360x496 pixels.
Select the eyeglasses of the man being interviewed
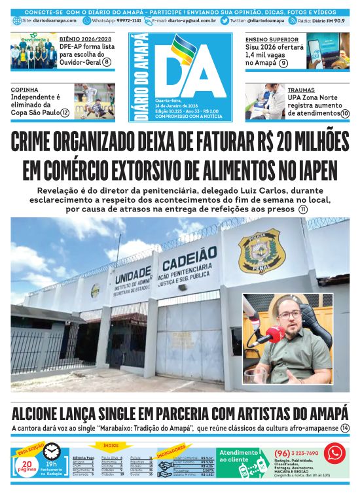[290, 315]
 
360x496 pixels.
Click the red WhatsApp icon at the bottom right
[334, 453]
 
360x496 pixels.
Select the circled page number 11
[303, 209]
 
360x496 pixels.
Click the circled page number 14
[345, 428]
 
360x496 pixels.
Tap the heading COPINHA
[24, 89]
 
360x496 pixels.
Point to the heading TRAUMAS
[301, 90]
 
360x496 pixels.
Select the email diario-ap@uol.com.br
[191, 21]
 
